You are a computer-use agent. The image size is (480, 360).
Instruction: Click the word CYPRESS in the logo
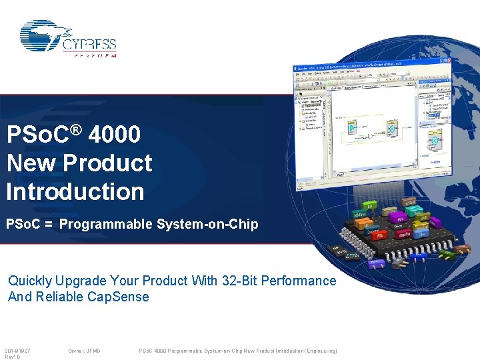click(89, 45)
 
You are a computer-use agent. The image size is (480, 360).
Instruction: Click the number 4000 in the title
click(114, 135)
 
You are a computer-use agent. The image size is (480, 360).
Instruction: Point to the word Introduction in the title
click(75, 191)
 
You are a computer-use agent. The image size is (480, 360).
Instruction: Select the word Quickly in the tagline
click(30, 281)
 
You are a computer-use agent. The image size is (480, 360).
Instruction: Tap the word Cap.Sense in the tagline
click(118, 297)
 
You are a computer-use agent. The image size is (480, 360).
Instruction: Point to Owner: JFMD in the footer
click(84, 351)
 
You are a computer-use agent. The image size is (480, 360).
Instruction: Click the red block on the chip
click(378, 235)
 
